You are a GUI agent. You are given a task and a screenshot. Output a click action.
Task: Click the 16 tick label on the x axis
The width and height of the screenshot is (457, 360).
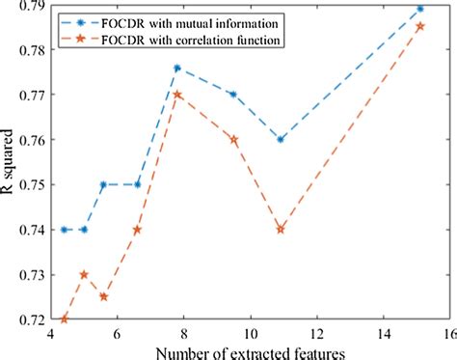point(448,333)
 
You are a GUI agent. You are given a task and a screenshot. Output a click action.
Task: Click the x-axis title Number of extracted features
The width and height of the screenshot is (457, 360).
point(249,350)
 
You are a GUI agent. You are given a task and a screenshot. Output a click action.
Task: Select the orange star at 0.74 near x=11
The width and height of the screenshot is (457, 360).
point(280,229)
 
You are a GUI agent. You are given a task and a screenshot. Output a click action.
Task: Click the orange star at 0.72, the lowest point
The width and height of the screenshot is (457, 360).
point(65,318)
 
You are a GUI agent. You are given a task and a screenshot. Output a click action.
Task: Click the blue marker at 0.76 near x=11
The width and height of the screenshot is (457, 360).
point(280,139)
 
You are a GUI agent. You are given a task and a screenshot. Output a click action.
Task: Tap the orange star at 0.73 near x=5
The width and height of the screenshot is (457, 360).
point(84,274)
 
